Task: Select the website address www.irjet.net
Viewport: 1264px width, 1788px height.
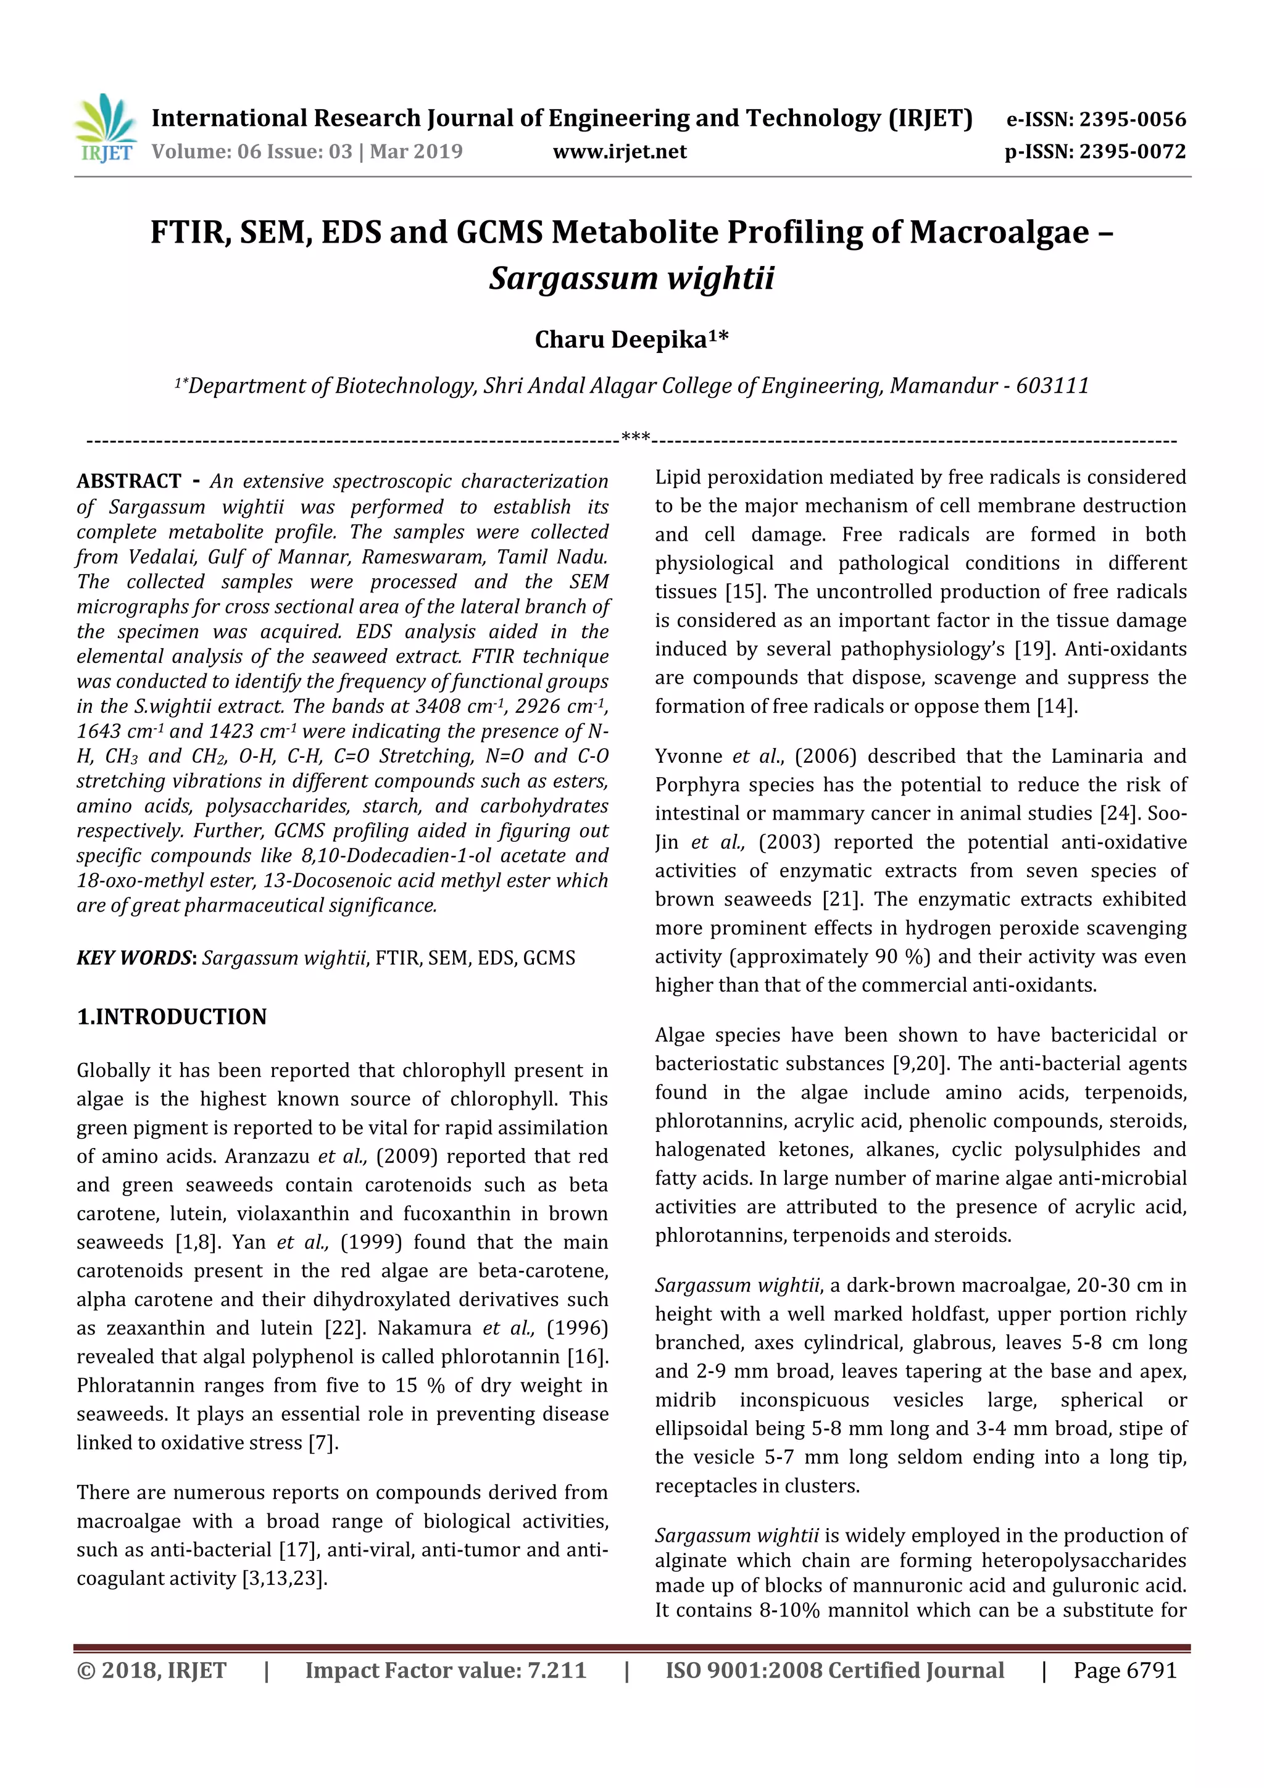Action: click(619, 151)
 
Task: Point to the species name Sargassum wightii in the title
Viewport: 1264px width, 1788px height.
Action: click(631, 278)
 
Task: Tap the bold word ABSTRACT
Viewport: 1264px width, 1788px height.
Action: click(128, 481)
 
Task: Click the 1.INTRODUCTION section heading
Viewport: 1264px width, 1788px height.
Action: click(172, 1017)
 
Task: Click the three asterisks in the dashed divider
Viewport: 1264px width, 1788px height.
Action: click(636, 437)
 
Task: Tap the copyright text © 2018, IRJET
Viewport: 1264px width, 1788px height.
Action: click(151, 1669)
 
